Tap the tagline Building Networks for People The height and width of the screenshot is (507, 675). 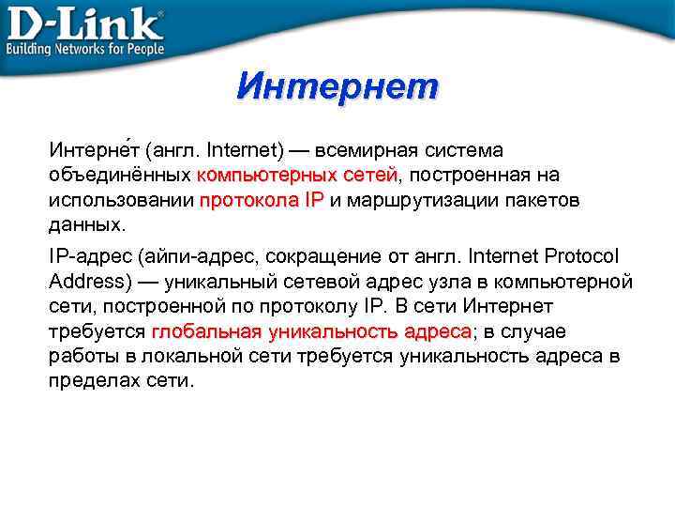click(x=85, y=49)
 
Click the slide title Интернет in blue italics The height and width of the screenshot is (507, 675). click(x=337, y=87)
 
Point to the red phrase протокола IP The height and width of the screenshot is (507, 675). click(x=262, y=201)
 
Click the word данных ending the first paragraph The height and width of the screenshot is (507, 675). click(x=83, y=226)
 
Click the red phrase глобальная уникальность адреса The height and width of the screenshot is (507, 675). click(x=312, y=332)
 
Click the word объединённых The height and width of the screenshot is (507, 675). click(x=119, y=176)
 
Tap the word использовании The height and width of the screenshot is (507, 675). click(x=121, y=201)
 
